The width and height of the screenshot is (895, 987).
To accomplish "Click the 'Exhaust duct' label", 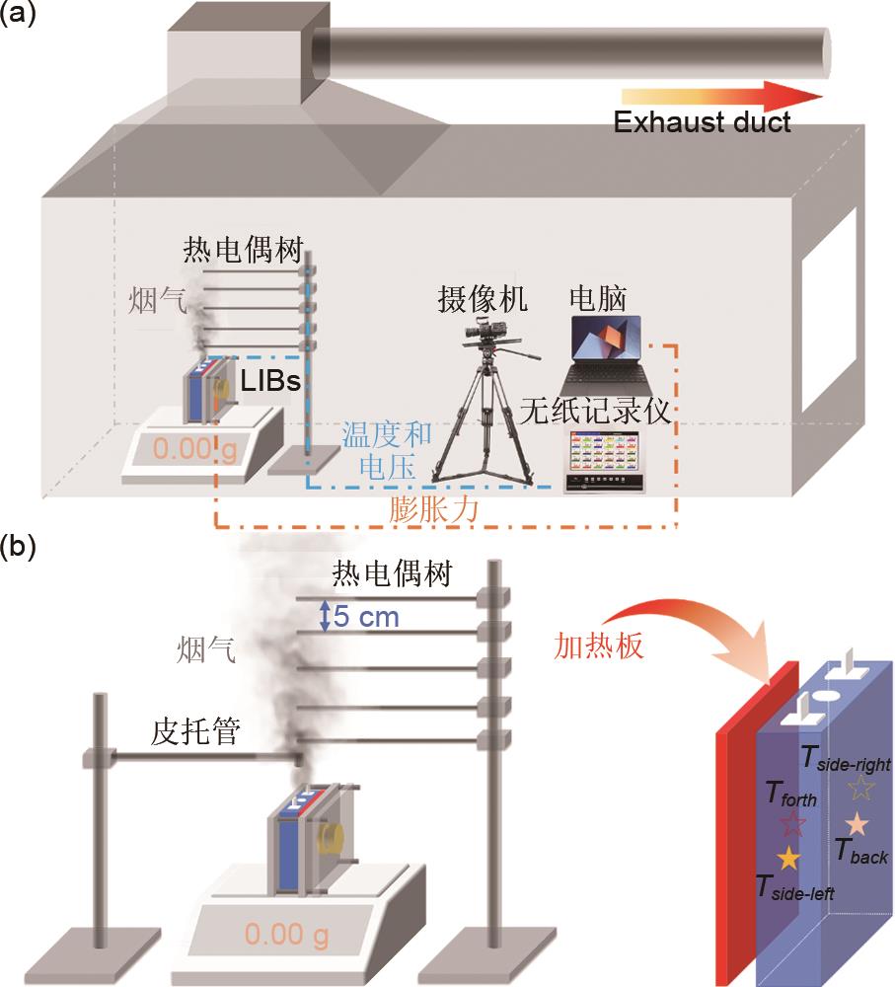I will coord(702,123).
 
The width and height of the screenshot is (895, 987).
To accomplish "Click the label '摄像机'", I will coord(483,299).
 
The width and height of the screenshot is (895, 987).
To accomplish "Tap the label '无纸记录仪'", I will coord(602,411).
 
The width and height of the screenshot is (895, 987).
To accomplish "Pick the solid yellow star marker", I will coord(787,857).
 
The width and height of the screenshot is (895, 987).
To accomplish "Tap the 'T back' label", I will coord(860,851).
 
